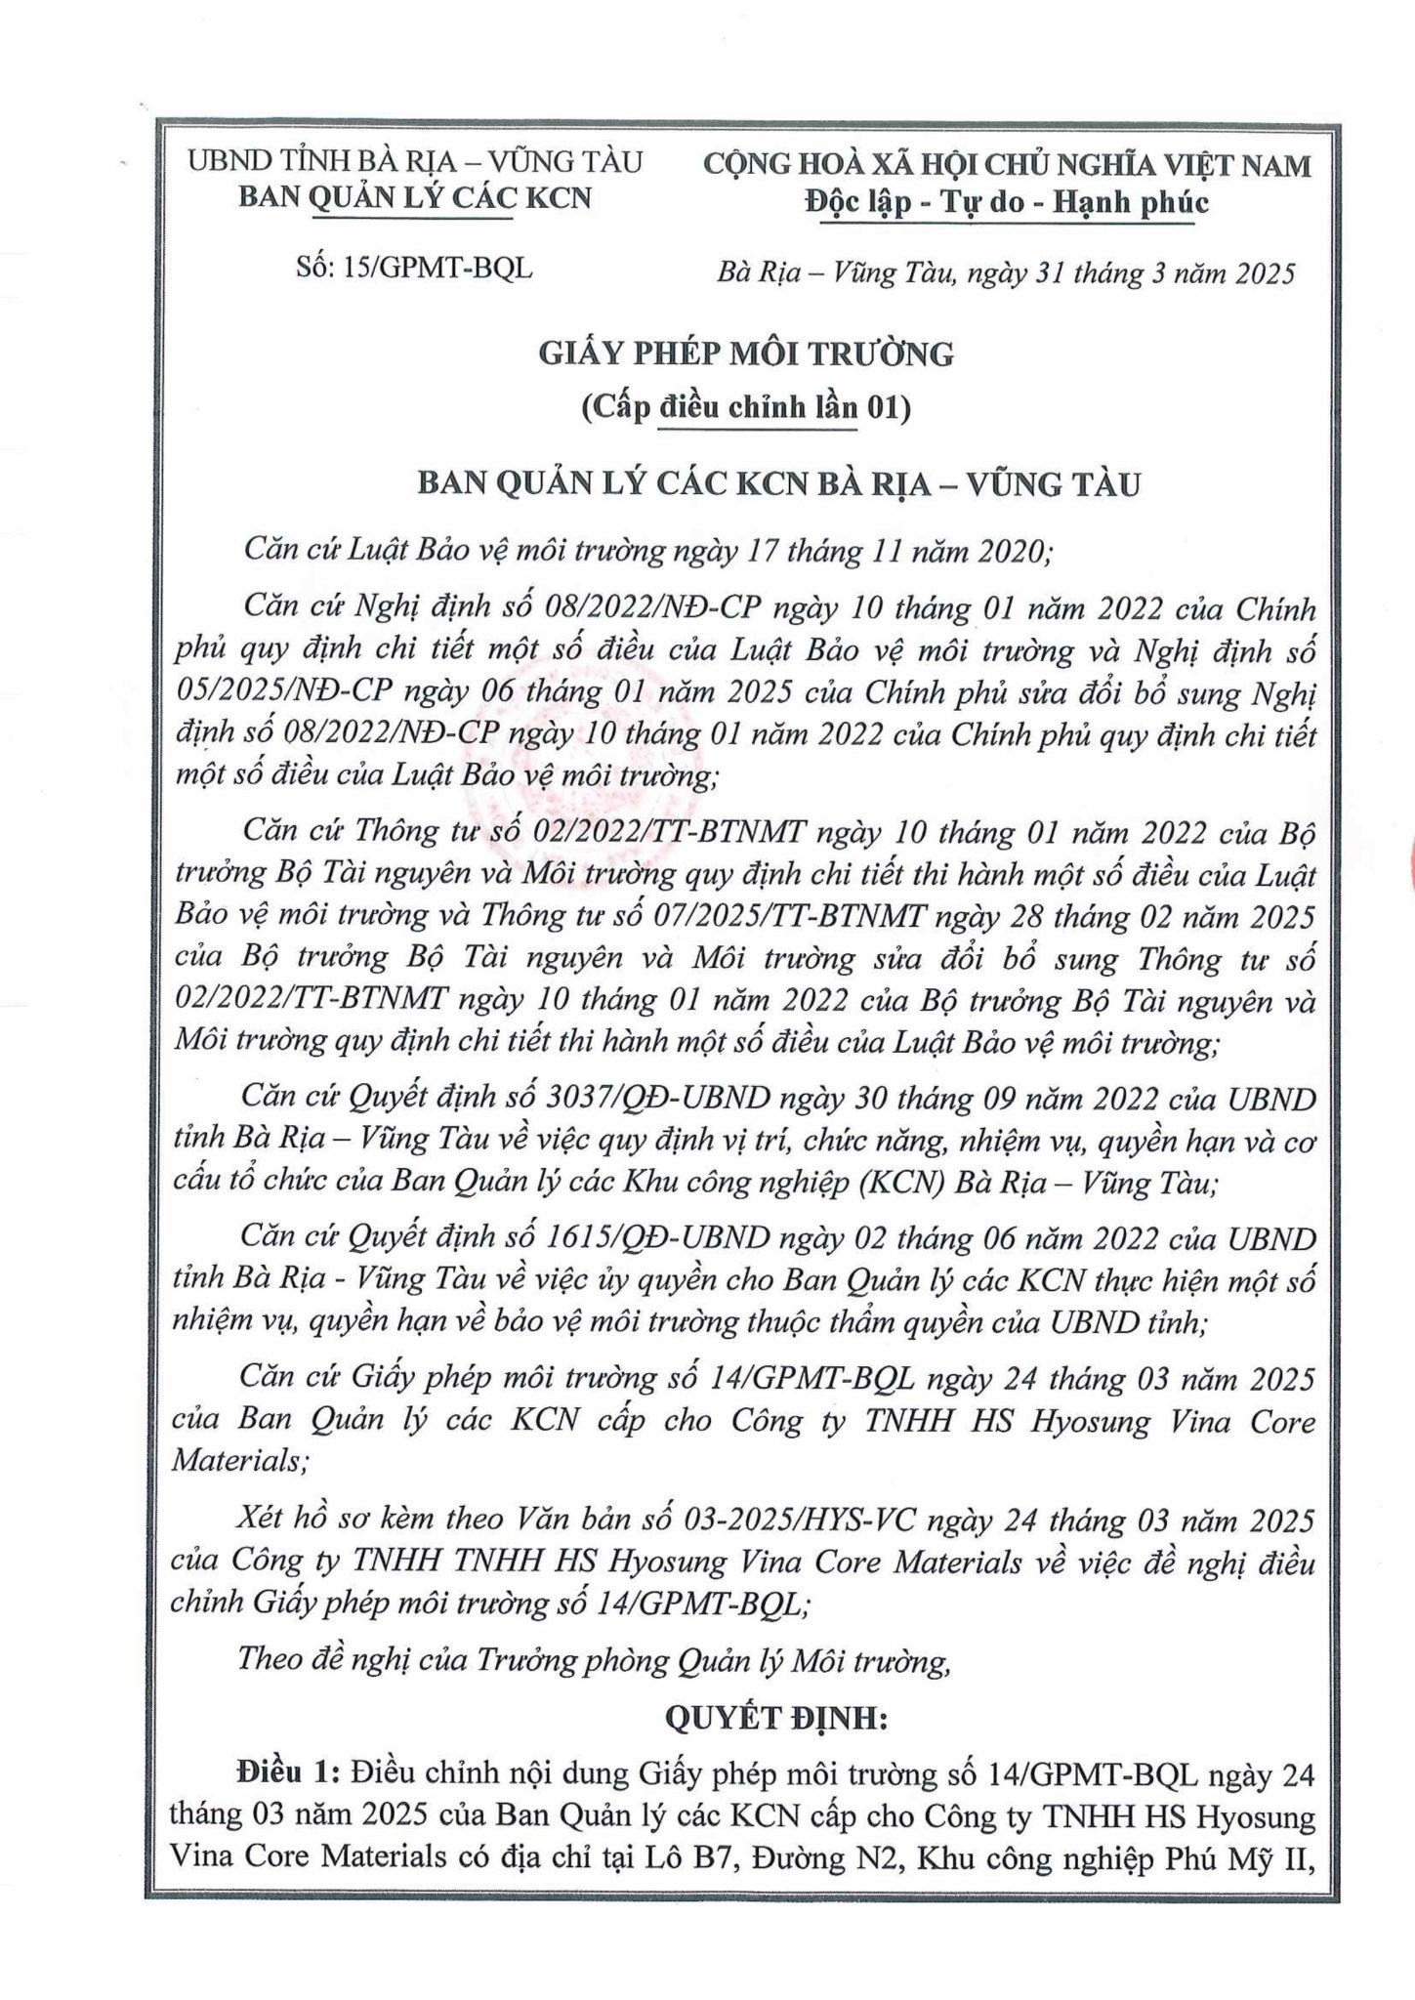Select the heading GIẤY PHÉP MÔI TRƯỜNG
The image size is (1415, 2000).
pos(746,354)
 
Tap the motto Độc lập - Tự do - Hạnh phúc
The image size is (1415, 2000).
pos(1007,202)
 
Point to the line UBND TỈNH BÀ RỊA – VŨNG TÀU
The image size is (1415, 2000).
pos(415,162)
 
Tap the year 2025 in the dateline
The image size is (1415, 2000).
pos(1263,273)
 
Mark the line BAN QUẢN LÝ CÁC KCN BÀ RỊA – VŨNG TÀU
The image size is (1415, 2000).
pos(778,483)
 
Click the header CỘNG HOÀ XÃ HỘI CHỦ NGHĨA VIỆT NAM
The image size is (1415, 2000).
pos(1007,165)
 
